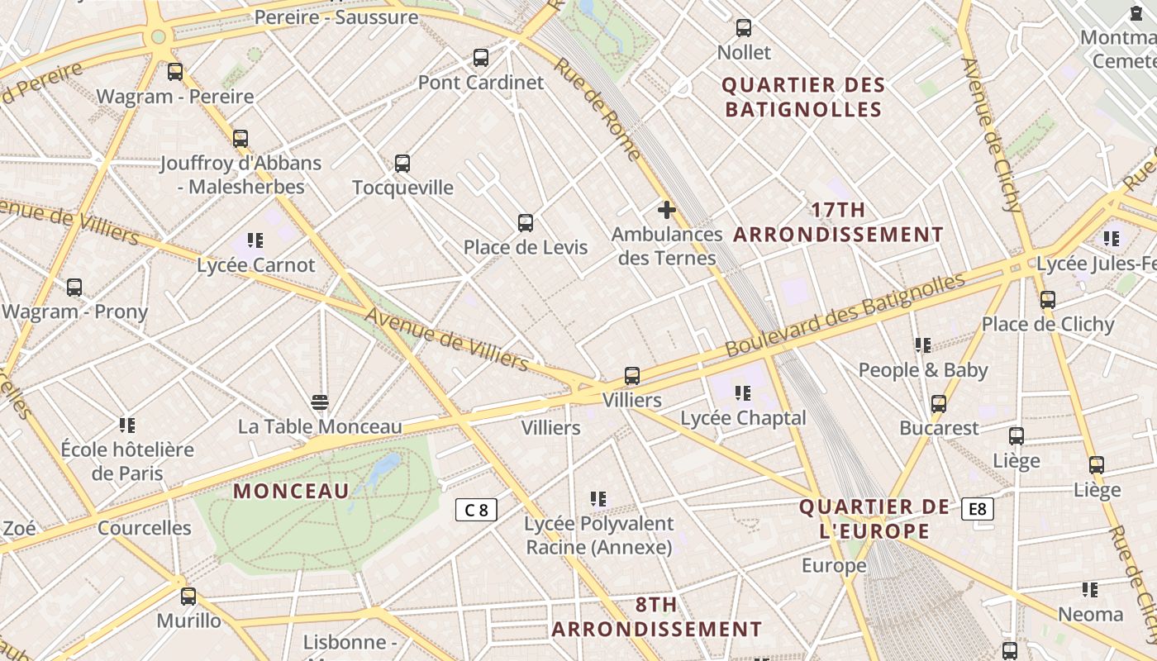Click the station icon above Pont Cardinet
coord(481,58)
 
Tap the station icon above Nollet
coord(744,28)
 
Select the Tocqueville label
coord(402,188)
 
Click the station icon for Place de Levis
coord(526,223)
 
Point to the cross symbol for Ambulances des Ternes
coord(667,210)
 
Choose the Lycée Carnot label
coord(255,265)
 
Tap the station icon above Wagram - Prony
coord(74,288)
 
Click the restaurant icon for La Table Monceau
coord(320,402)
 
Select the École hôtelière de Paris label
coord(127,461)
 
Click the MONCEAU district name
coord(291,491)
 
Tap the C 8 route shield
coord(477,510)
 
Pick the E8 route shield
coord(977,509)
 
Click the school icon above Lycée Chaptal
coord(742,393)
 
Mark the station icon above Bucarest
coord(939,404)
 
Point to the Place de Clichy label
coord(1048,324)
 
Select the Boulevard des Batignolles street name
coord(845,315)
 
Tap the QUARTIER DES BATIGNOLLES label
coord(802,97)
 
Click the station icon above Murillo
coord(188,596)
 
